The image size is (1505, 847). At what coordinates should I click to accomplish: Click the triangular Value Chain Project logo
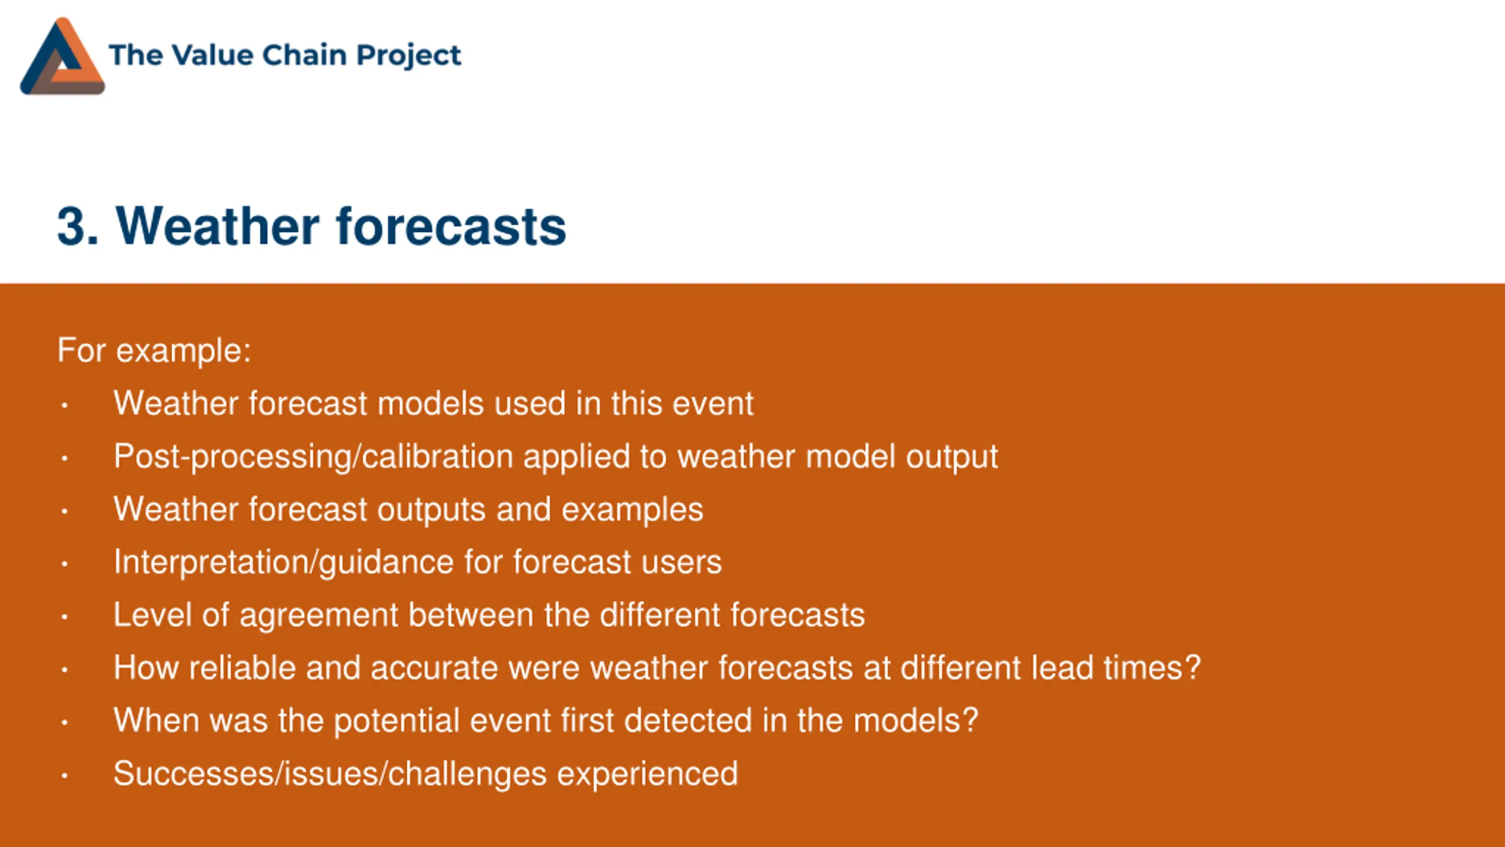click(62, 56)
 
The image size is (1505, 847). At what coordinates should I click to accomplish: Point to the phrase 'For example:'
click(154, 351)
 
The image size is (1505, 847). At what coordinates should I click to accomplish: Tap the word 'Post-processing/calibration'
click(313, 458)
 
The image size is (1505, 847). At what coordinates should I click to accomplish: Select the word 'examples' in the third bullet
click(632, 511)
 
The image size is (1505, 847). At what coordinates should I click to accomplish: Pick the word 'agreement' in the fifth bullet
click(319, 616)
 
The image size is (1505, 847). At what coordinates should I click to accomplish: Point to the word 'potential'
click(397, 722)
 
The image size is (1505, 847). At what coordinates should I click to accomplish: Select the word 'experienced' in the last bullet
click(647, 775)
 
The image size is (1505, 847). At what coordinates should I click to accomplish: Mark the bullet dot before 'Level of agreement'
click(65, 617)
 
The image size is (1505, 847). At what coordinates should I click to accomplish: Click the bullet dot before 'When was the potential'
click(65, 723)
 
